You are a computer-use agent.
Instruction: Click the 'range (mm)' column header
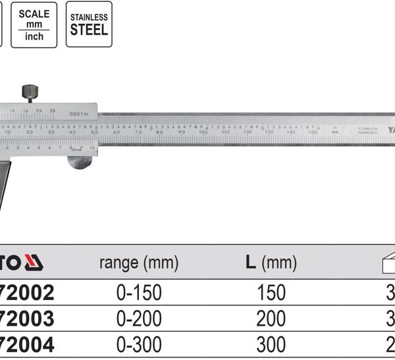tap(138, 264)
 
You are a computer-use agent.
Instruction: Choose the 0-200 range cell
tap(138, 319)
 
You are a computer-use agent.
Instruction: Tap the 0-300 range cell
tap(138, 344)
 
